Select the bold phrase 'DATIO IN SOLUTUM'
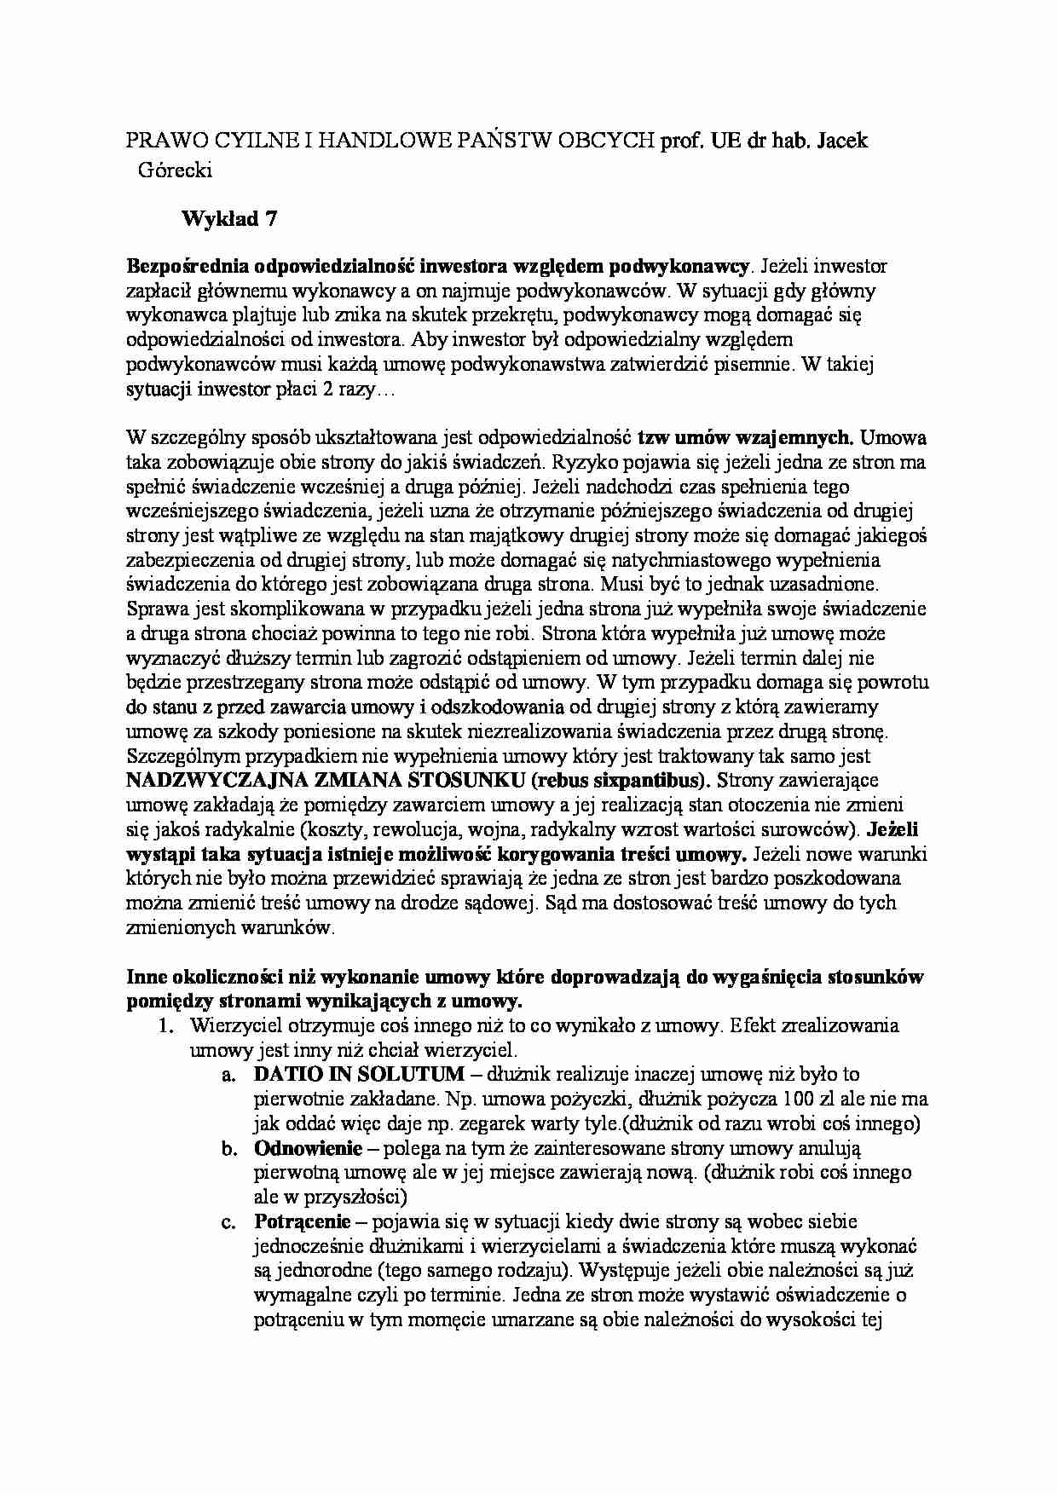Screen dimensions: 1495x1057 pyautogui.click(x=359, y=1074)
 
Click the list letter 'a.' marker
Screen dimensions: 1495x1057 pyautogui.click(x=228, y=1075)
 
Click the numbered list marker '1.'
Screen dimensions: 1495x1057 pyautogui.click(x=167, y=1025)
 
